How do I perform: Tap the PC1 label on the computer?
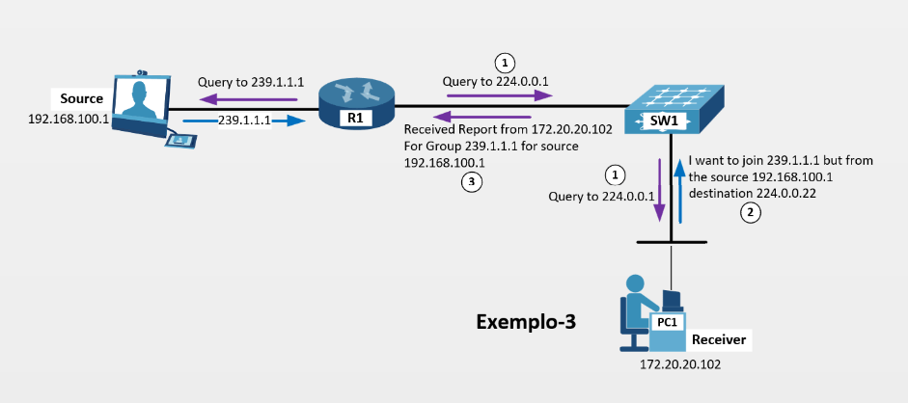(667, 322)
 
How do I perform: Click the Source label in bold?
(81, 98)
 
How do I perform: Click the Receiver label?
(719, 340)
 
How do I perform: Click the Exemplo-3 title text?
(526, 322)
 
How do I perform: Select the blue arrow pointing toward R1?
(246, 121)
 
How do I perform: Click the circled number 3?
(470, 182)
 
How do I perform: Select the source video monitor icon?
(140, 101)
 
